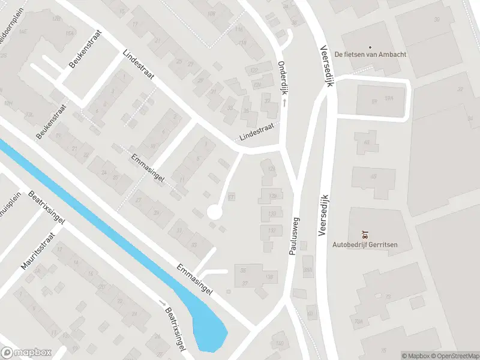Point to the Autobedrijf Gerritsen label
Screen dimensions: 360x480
(x=365, y=244)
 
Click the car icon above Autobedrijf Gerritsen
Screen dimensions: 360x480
(x=365, y=234)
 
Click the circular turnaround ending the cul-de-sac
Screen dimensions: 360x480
(x=214, y=212)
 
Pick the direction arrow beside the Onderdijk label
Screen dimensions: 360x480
(x=284, y=103)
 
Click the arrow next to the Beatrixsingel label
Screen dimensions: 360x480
(x=161, y=303)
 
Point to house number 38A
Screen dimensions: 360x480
(x=307, y=271)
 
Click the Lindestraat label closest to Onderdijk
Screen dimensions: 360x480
(x=256, y=130)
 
